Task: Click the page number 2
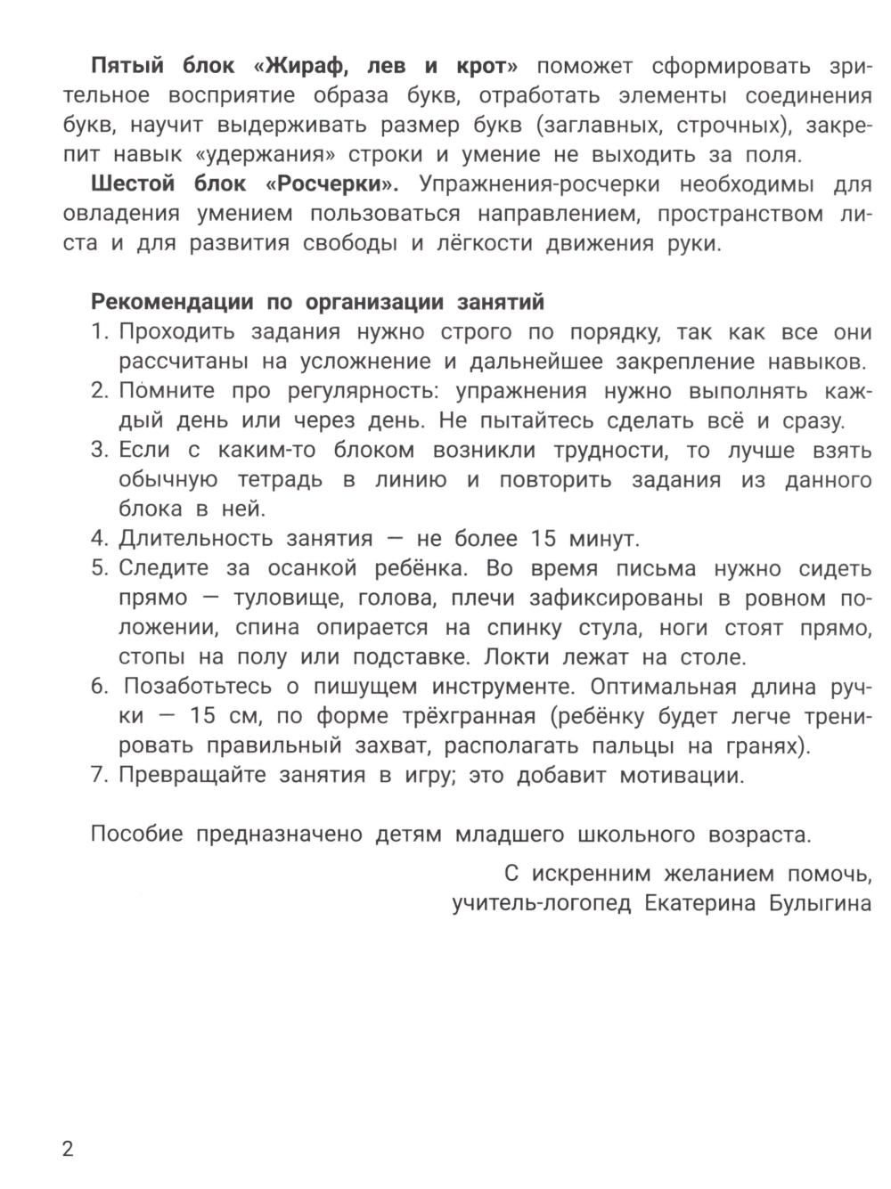[x=69, y=1148]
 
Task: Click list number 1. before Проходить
[x=100, y=332]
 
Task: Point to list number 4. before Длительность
[x=100, y=539]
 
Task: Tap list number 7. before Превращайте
[x=100, y=775]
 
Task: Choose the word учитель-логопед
[x=541, y=903]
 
